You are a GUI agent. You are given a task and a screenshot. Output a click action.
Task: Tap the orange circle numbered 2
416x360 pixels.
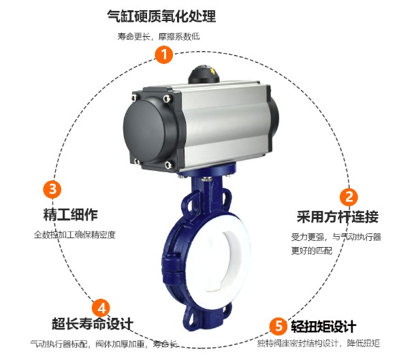(x=349, y=197)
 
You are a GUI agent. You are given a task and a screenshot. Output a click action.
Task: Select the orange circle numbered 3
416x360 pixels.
(x=52, y=189)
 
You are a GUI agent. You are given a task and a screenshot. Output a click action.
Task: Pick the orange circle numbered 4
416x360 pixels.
(x=100, y=306)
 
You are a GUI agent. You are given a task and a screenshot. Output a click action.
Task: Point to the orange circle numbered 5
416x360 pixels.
(x=276, y=325)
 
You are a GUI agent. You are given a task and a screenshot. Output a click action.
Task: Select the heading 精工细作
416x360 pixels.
(x=71, y=216)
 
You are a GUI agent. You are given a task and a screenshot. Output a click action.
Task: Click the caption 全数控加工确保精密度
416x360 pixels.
(x=75, y=235)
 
